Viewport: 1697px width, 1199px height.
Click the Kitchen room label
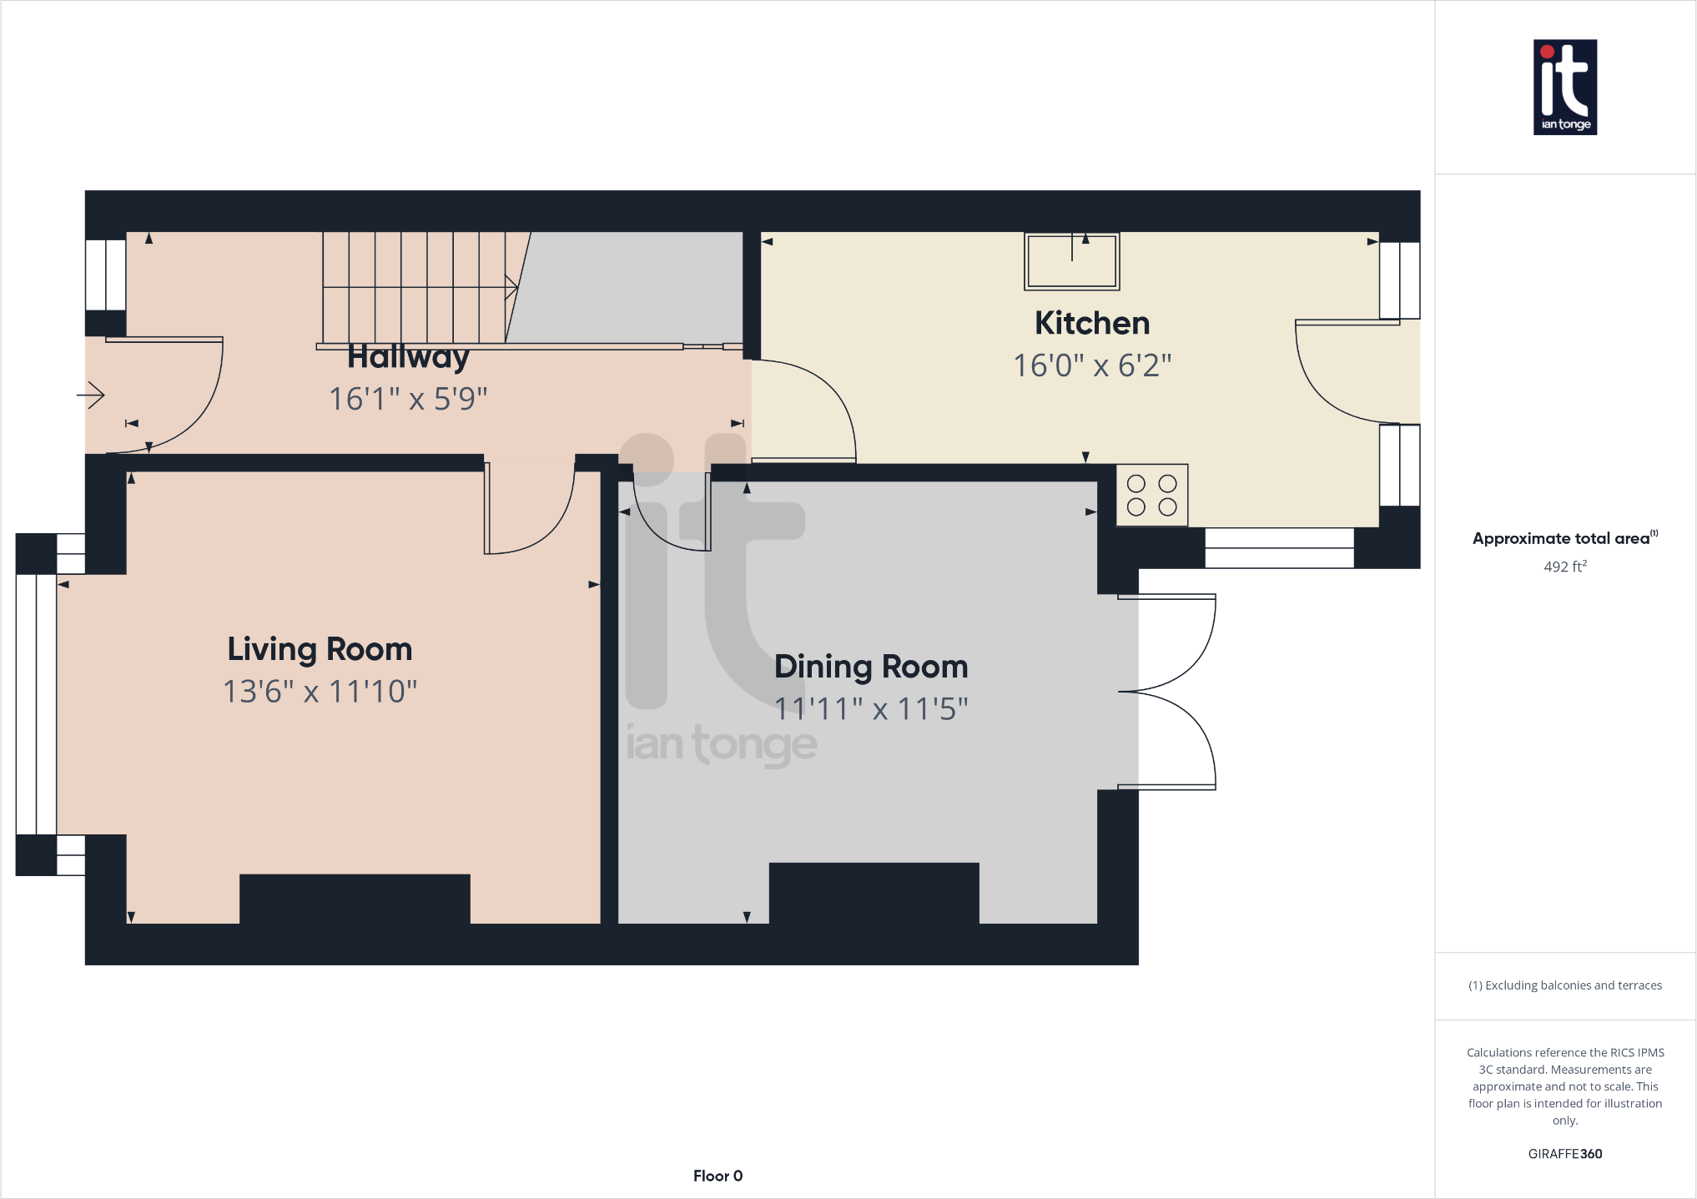[x=1091, y=323]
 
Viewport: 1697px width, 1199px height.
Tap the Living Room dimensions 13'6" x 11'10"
[x=320, y=692]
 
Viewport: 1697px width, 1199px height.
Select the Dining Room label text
[x=871, y=667]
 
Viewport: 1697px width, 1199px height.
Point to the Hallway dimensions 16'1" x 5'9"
[x=407, y=399]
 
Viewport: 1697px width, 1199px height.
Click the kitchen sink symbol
[x=1071, y=261]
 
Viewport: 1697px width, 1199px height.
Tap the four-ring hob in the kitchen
[x=1151, y=495]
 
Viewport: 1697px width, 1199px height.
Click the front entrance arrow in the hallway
[x=91, y=394]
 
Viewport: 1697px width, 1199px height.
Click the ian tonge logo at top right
[x=1564, y=87]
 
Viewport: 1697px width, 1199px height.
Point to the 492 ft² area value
[x=1564, y=567]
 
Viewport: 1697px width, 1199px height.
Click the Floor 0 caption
[x=718, y=1176]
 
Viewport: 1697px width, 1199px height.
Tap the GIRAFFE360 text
[x=1564, y=1154]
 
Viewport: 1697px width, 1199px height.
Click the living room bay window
[x=36, y=704]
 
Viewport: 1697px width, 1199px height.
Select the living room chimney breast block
[x=355, y=899]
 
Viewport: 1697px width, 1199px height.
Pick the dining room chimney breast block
[x=874, y=893]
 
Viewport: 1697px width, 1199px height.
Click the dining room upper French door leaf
[x=1168, y=642]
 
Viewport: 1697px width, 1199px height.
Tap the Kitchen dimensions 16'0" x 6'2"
[x=1091, y=365]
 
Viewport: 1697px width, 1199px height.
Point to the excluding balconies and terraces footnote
[x=1564, y=985]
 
